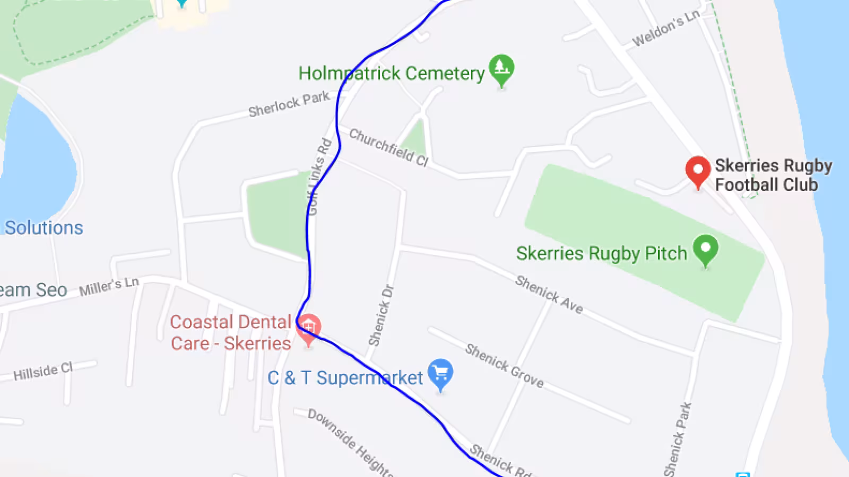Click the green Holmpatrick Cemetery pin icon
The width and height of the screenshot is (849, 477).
(x=501, y=68)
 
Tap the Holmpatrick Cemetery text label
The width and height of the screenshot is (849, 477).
(x=392, y=73)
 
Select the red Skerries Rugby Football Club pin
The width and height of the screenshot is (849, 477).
(x=698, y=170)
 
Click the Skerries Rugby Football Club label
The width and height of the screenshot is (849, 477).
(x=773, y=175)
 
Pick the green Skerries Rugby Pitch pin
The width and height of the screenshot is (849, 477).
(x=705, y=249)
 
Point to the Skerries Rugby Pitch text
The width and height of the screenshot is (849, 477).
(x=601, y=253)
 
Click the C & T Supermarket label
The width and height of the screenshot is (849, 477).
(x=345, y=378)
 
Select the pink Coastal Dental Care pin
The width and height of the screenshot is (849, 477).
(x=309, y=329)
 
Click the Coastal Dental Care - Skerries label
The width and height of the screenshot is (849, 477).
(x=231, y=333)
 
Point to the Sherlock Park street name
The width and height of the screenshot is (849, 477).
(x=289, y=104)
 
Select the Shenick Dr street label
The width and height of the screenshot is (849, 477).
(x=381, y=316)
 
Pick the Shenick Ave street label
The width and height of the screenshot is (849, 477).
(x=549, y=295)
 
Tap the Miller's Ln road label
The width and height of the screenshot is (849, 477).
(x=109, y=287)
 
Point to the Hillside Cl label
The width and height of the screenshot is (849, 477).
(x=43, y=372)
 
